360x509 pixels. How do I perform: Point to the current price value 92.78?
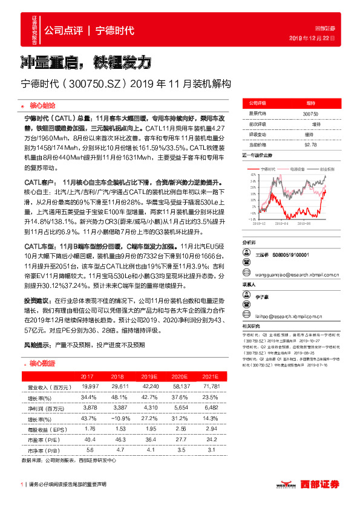point(310,144)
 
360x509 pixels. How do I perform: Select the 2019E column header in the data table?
point(149,376)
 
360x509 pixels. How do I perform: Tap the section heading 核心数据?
point(42,364)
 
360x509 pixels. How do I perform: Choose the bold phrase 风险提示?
point(38,345)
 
